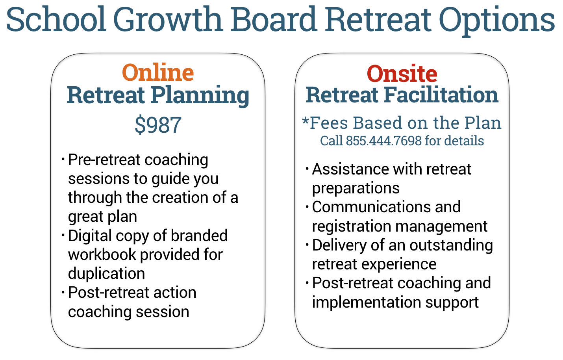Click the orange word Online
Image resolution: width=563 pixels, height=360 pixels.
coord(158,73)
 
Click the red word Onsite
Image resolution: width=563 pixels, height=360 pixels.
coord(402,74)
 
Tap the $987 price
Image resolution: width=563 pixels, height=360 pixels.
coord(158,125)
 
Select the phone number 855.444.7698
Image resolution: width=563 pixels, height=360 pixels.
coord(383,141)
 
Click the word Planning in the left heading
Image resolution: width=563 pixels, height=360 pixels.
coord(200,96)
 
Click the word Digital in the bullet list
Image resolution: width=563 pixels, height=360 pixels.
coord(90,236)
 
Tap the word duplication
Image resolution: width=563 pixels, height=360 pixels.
coord(106,274)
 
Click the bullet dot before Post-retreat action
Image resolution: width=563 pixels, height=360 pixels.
coord(63,293)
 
